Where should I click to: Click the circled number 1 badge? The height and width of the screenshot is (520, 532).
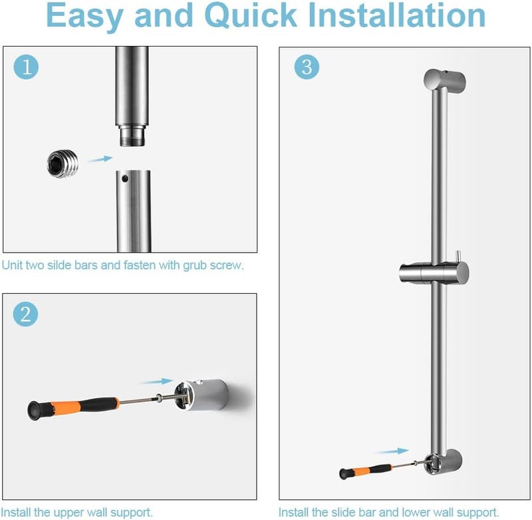point(25,66)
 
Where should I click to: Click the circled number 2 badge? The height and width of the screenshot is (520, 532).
point(25,314)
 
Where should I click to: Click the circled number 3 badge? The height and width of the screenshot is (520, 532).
point(306,66)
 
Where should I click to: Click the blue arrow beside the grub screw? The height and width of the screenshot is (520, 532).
point(100,159)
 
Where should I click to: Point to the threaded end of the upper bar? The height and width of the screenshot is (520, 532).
point(133,137)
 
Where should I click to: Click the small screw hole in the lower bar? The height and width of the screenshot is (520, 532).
point(126,178)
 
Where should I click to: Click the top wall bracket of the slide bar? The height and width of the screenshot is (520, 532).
point(444,80)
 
